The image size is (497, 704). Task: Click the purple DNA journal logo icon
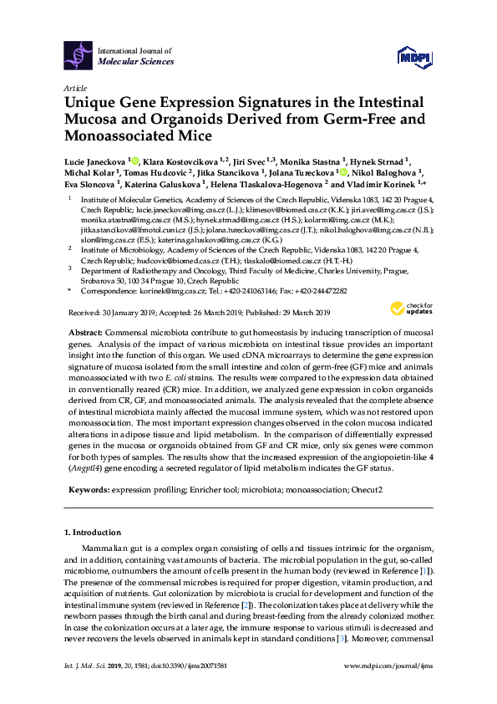coord(78,56)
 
